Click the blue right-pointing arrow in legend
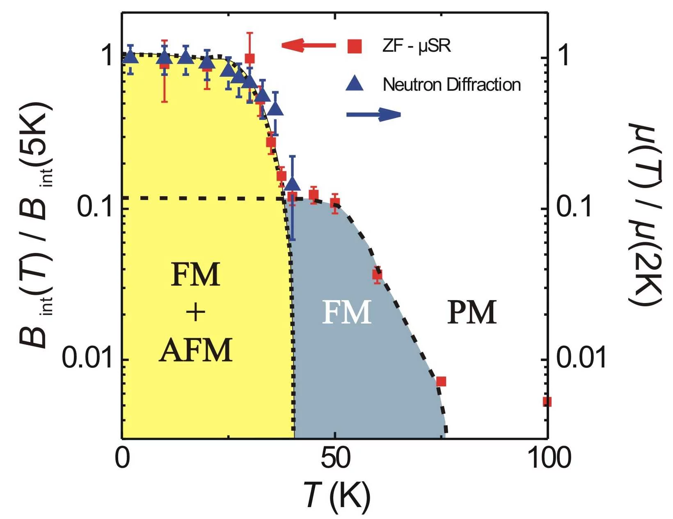(373, 115)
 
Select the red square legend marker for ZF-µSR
(355, 46)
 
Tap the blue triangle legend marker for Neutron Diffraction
(355, 84)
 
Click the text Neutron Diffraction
(451, 85)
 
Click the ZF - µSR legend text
(417, 46)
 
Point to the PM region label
(472, 312)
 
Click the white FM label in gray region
(347, 312)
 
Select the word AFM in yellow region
(196, 350)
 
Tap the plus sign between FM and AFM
(196, 313)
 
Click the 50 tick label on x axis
(335, 458)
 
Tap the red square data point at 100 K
(547, 402)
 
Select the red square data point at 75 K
(441, 381)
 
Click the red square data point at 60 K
(377, 274)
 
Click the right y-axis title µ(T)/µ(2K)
(646, 214)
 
